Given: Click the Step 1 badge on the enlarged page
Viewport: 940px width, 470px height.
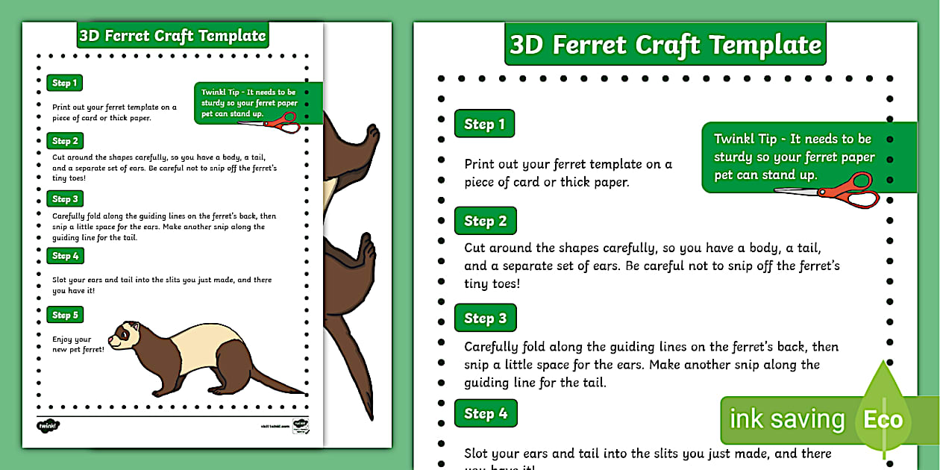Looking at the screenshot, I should (x=484, y=124).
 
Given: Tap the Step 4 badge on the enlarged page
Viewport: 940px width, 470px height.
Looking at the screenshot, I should (x=486, y=413).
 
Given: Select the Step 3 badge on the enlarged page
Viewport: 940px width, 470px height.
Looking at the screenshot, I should (x=486, y=319).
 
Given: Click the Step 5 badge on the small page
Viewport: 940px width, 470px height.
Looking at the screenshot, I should (x=65, y=315).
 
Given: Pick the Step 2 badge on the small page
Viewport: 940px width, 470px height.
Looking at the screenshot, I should (x=65, y=141).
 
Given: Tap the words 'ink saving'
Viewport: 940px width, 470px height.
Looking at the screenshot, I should (x=786, y=419).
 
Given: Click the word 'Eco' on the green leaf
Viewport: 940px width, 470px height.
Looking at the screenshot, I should (x=883, y=419).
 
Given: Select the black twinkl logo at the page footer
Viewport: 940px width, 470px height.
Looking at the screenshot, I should (x=48, y=426).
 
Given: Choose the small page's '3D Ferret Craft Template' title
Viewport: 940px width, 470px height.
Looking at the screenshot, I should (x=172, y=35).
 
